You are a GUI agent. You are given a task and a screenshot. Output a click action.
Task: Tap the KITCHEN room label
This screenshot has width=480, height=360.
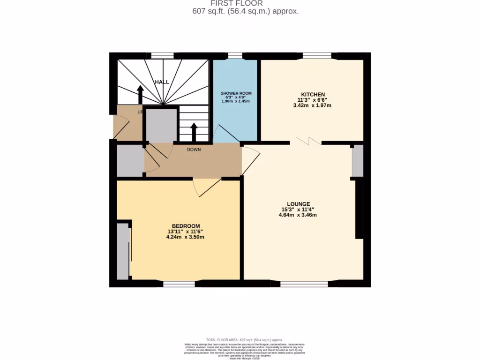pyautogui.click(x=312, y=94)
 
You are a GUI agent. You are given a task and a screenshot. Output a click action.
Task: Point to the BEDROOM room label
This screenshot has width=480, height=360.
pyautogui.click(x=186, y=225)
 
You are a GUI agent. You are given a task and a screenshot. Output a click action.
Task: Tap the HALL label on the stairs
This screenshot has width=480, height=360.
pyautogui.click(x=162, y=82)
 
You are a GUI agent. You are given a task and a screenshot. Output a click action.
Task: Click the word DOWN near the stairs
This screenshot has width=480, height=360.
pyautogui.click(x=194, y=150)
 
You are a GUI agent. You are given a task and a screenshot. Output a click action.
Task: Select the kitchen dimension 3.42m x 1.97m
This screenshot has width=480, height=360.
pyautogui.click(x=312, y=105)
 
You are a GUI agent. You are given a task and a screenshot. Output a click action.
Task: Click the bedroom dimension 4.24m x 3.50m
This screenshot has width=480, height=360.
pyautogui.click(x=186, y=237)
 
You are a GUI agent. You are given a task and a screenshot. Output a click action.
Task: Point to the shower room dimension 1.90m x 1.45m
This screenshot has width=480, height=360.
pyautogui.click(x=236, y=101)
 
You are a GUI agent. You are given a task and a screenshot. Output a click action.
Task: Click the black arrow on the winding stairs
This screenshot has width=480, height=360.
pyautogui.click(x=140, y=94)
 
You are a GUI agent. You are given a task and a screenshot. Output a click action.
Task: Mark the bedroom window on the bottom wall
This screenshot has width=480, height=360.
pyautogui.click(x=179, y=284)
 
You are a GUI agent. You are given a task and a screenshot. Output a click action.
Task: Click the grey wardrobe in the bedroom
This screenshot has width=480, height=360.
pyautogui.click(x=123, y=251)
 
